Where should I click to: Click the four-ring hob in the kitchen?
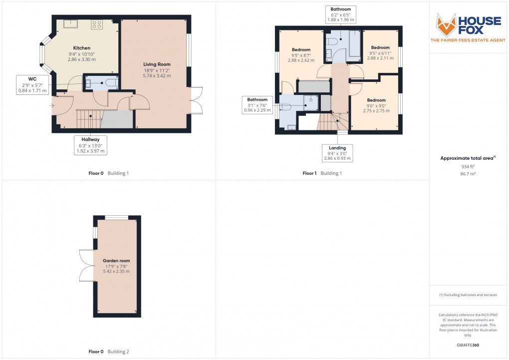(x=96, y=23)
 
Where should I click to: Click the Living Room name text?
(x=157, y=64)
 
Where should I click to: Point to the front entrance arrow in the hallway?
(x=51, y=105)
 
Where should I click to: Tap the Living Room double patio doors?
(x=196, y=100)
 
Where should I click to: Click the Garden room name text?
(x=116, y=261)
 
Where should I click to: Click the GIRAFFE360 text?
(x=468, y=345)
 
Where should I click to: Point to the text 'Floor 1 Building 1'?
(x=322, y=173)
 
